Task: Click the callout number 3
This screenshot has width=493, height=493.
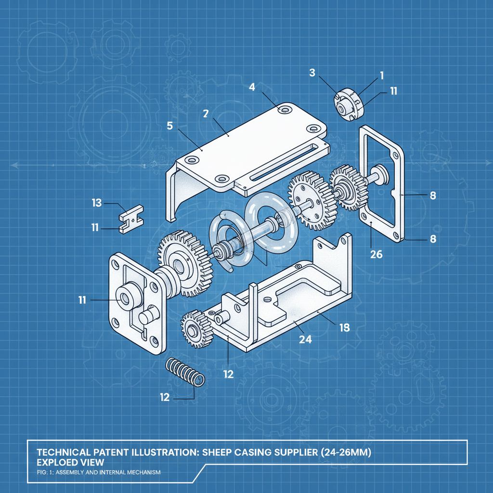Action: [312, 73]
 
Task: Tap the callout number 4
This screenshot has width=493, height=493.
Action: [252, 87]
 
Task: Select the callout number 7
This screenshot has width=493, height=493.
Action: [206, 114]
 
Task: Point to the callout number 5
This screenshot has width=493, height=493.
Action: [170, 126]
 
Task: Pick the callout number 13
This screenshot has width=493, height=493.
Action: [97, 203]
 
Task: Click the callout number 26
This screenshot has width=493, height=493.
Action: [376, 254]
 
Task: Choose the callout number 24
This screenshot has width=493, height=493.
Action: [305, 339]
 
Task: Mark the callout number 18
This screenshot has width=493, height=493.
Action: [345, 328]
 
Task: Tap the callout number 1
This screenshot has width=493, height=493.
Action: [382, 76]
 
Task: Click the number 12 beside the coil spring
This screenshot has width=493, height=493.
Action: [165, 397]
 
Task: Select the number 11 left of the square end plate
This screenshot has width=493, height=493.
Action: [82, 300]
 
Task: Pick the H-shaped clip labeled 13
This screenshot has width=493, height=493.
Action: [131, 219]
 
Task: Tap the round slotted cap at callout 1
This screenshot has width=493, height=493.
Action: [349, 104]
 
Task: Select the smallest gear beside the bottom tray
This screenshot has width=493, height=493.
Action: [196, 329]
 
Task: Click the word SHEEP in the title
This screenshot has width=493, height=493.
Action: [217, 452]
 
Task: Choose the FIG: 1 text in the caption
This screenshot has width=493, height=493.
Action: [45, 472]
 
